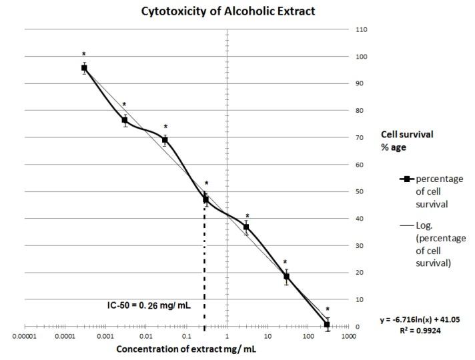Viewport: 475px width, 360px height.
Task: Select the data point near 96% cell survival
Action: (x=84, y=68)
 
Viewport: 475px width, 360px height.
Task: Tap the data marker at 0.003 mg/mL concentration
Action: (x=124, y=120)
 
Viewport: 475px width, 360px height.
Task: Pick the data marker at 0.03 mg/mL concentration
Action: (x=165, y=140)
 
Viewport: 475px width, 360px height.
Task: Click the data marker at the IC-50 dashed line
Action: (x=205, y=199)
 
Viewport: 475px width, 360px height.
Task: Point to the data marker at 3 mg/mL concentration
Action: (x=246, y=227)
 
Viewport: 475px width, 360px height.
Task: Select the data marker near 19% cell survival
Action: (x=286, y=276)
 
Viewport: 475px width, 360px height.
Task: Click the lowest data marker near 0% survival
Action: (x=327, y=324)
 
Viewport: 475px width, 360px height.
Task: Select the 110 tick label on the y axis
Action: (x=362, y=30)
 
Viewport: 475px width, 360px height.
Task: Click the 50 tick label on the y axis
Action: (x=361, y=192)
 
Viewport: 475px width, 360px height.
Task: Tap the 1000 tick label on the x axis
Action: (x=348, y=336)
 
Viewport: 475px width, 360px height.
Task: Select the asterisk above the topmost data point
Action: (x=84, y=55)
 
